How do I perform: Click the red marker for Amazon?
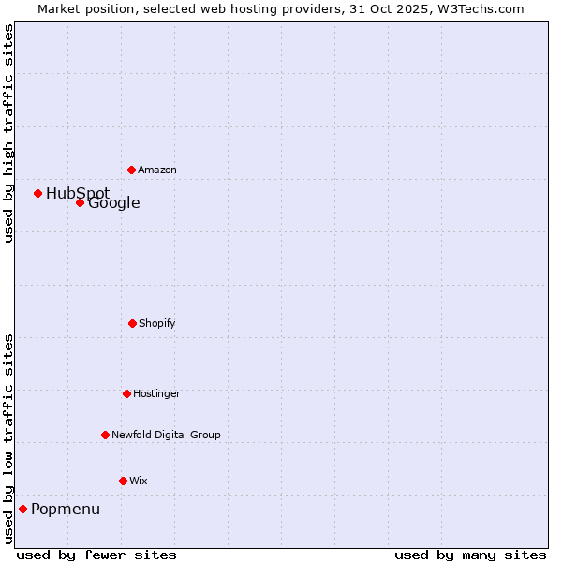tap(131, 170)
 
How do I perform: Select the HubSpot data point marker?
tap(37, 193)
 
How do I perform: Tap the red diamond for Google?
tap(80, 202)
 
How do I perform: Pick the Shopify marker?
tap(132, 323)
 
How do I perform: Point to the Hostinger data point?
tap(126, 393)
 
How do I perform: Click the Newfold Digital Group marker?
tap(105, 435)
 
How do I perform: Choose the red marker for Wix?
tap(123, 481)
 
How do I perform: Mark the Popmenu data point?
tap(22, 509)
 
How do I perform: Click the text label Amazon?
tap(157, 170)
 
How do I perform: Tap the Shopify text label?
tap(157, 323)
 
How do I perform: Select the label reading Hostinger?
tap(156, 393)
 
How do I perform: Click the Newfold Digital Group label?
tap(167, 435)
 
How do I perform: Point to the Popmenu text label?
tap(66, 509)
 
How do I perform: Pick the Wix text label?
tap(139, 481)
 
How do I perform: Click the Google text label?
tap(114, 202)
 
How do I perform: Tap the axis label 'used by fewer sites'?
tap(96, 555)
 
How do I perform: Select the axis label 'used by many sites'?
tap(470, 555)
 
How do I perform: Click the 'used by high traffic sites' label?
tap(8, 134)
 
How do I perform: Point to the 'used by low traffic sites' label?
tap(8, 438)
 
